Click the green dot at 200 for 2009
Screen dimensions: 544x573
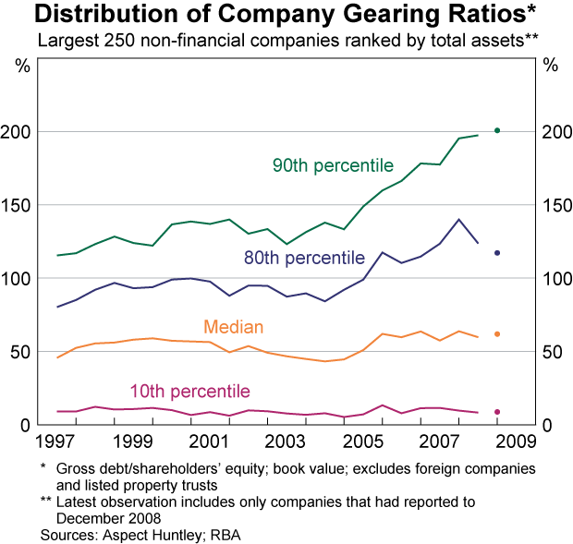pos(497,131)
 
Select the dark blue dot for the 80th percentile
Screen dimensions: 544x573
pos(497,253)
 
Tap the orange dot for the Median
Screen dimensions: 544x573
pos(497,333)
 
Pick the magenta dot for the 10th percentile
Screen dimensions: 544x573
pos(497,412)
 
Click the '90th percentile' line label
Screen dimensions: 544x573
pos(333,166)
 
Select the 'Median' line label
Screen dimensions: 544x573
pos(234,327)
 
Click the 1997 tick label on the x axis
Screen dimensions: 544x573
pos(57,439)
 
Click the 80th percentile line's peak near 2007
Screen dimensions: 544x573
pos(458,219)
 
